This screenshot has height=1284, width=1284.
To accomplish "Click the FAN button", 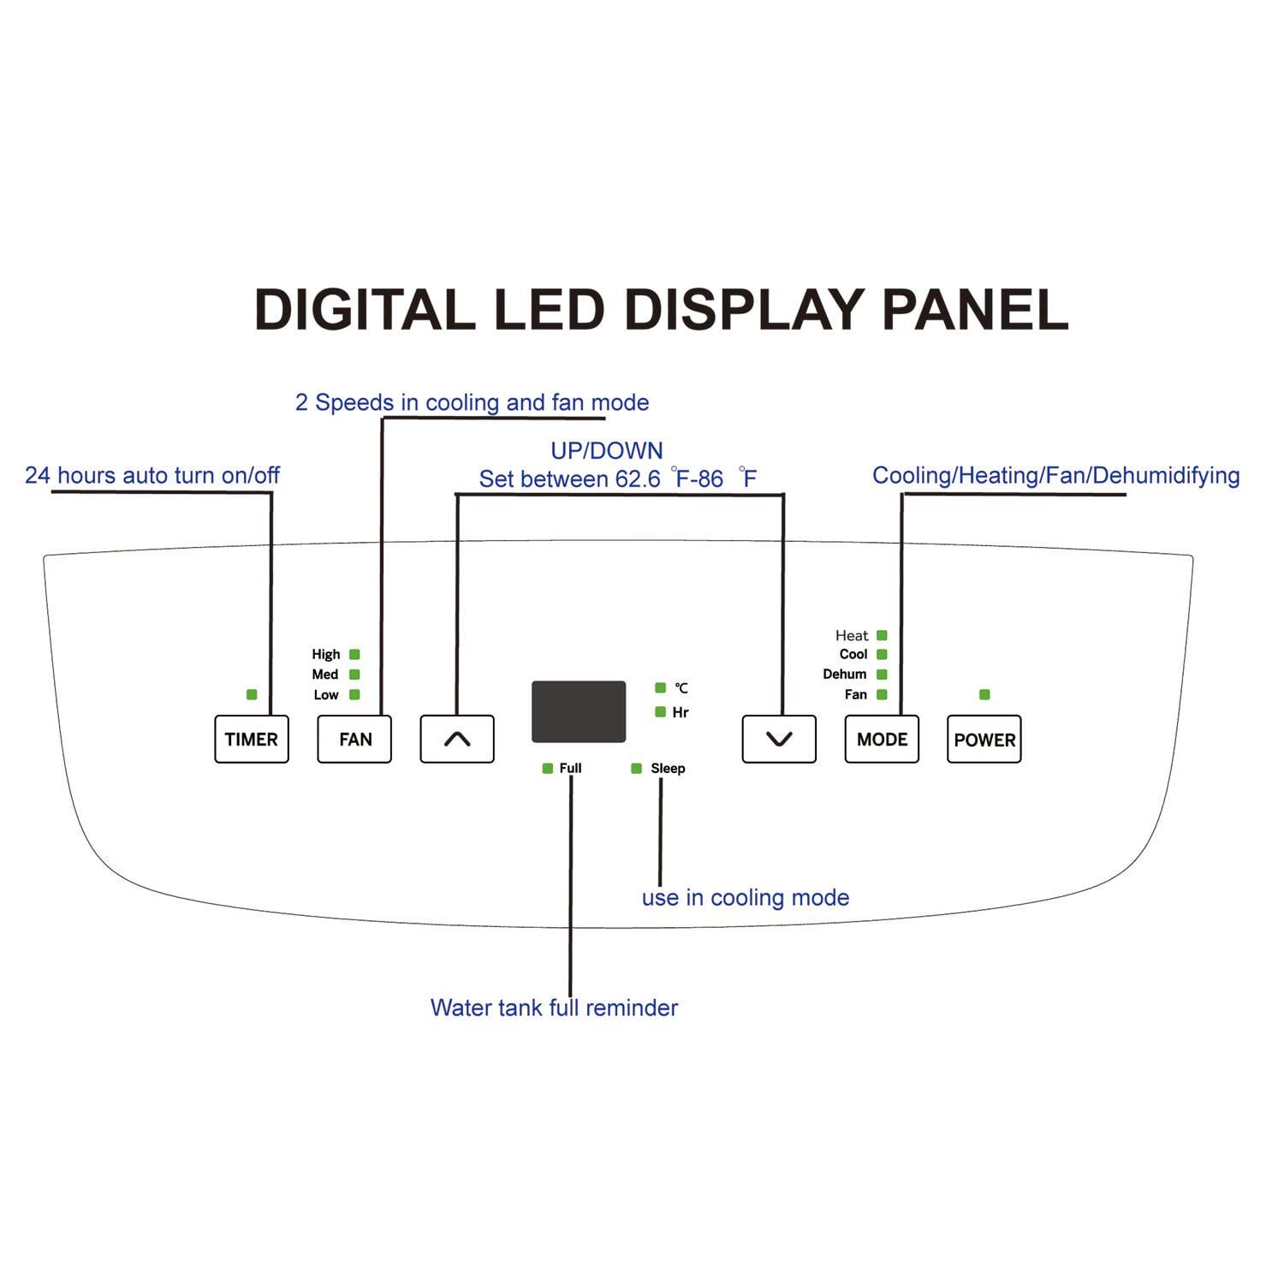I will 354,739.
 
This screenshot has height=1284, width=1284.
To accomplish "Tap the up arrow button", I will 457,739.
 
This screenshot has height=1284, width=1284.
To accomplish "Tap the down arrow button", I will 779,739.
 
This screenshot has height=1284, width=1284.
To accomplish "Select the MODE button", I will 882,739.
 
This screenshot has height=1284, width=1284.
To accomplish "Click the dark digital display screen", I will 579,711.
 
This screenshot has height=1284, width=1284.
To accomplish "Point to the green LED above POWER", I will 984,694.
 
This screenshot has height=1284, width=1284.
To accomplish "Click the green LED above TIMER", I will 252,694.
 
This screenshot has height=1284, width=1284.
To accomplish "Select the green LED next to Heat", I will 882,635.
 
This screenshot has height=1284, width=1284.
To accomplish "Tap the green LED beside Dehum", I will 882,675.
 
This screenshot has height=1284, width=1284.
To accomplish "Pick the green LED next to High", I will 354,655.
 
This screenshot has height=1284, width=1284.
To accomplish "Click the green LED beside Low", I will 354,695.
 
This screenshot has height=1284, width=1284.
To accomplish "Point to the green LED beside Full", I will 548,769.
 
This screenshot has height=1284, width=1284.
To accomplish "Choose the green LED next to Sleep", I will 636,769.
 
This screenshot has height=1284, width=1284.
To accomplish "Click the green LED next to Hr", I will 660,712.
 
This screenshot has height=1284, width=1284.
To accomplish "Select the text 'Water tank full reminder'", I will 554,1008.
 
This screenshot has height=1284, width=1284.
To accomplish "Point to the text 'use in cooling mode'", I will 746,898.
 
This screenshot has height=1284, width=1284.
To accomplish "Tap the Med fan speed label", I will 325,675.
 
